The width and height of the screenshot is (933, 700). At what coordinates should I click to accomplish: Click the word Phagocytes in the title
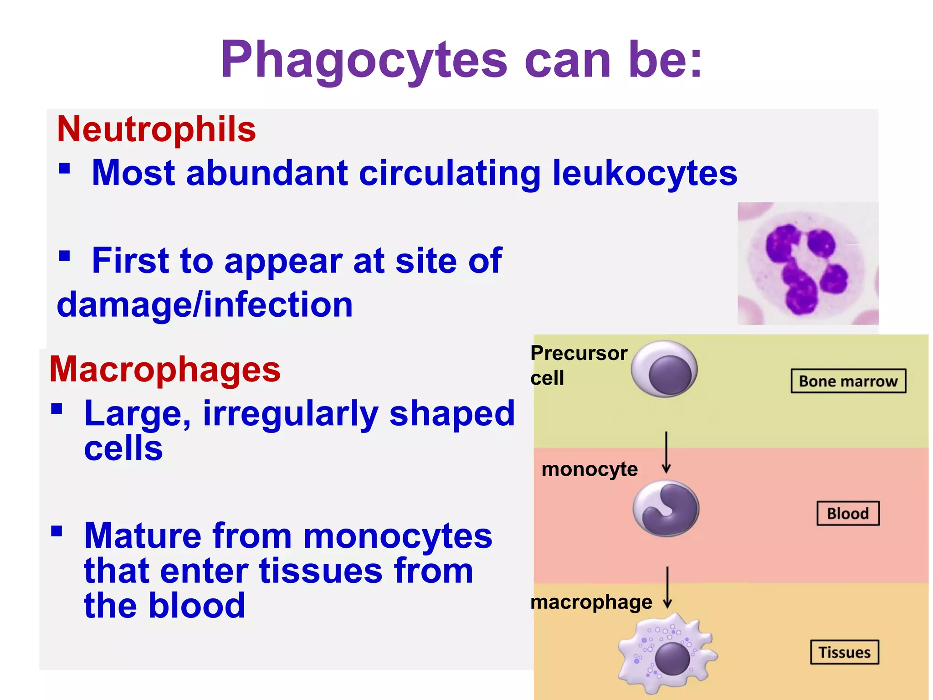tap(364, 61)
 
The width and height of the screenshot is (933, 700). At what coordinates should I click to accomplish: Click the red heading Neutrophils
tap(156, 129)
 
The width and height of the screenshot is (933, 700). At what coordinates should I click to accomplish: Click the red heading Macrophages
tap(165, 369)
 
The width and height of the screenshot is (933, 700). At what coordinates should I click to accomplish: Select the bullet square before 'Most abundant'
tap(64, 169)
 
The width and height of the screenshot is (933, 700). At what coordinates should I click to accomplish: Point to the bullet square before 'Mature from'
tap(56, 531)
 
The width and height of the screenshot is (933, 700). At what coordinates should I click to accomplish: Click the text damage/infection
tap(205, 304)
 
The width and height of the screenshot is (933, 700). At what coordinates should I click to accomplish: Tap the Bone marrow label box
tap(848, 381)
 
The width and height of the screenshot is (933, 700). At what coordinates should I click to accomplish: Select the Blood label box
tap(848, 514)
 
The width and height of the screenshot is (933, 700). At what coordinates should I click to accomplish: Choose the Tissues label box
tap(844, 652)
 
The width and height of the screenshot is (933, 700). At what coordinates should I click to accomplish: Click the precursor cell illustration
tap(665, 369)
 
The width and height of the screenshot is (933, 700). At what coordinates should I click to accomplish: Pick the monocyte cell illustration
tap(666, 508)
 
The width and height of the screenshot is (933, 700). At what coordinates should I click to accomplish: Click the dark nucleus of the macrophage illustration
tap(672, 659)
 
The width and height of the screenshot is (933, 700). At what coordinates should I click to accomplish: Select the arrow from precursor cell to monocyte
tap(666, 453)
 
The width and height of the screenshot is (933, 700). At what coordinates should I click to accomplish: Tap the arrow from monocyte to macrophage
tap(667, 587)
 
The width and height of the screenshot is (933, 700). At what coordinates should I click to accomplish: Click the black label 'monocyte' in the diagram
tap(590, 469)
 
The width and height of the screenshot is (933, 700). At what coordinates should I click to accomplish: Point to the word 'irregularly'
tap(290, 414)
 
